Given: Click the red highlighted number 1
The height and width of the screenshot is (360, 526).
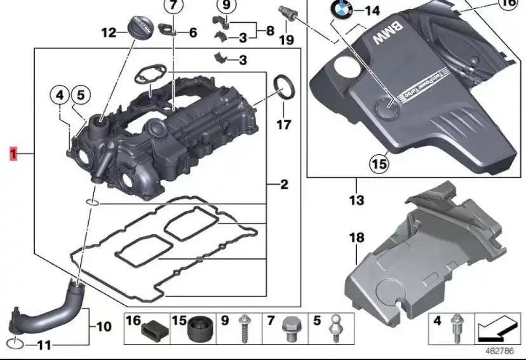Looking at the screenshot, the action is pyautogui.click(x=13, y=153).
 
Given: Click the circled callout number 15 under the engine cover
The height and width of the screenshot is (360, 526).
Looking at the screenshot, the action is pyautogui.click(x=379, y=164).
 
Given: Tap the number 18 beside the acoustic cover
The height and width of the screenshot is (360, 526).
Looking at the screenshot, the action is pyautogui.click(x=356, y=238).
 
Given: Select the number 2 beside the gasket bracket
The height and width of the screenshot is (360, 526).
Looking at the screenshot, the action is pyautogui.click(x=284, y=185).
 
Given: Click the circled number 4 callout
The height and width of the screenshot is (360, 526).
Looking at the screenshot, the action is pyautogui.click(x=60, y=96).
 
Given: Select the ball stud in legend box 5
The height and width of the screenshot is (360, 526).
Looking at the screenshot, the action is pyautogui.click(x=334, y=328).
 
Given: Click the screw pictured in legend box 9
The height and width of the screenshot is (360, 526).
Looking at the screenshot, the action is pyautogui.click(x=245, y=328).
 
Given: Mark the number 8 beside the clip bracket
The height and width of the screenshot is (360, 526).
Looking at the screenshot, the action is pyautogui.click(x=269, y=30).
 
